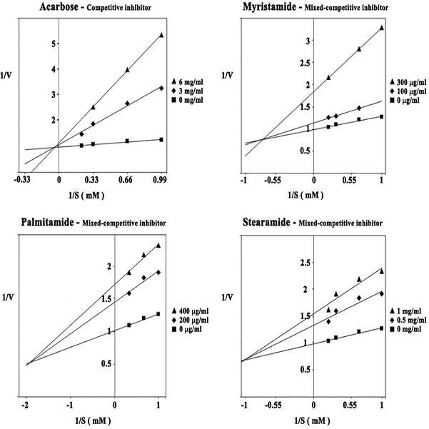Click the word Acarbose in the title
coord(59,6)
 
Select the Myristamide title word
coord(269,7)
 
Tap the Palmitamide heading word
coord(47,222)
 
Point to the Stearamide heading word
coord(266,222)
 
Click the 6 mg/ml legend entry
coord(188,82)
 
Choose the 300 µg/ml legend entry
coord(408,82)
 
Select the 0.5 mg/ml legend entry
coord(408,320)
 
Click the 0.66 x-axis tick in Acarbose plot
coord(126,180)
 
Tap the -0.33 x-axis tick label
coord(22,180)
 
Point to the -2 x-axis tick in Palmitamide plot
coord(25,405)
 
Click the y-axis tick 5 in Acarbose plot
coord(54,44)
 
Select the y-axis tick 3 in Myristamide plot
coord(308,41)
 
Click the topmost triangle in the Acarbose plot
coord(161,35)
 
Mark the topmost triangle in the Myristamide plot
coord(382,28)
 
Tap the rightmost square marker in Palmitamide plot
coord(158,314)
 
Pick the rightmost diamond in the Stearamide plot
coord(382,293)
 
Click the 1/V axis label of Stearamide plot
coord(227,297)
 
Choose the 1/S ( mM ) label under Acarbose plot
coord(86,196)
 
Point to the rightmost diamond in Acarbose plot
coord(161,88)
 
